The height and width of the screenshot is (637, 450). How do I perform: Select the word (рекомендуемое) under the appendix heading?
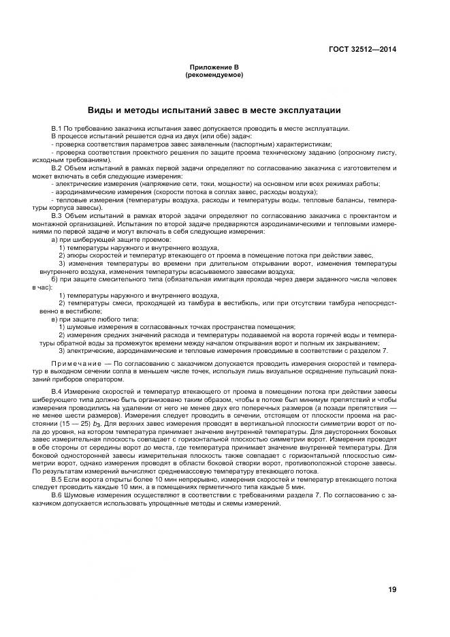214,75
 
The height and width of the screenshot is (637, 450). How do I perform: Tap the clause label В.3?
57,215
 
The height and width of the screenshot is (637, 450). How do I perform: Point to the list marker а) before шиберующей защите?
54,240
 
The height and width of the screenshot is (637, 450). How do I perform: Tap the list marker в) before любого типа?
54,319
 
